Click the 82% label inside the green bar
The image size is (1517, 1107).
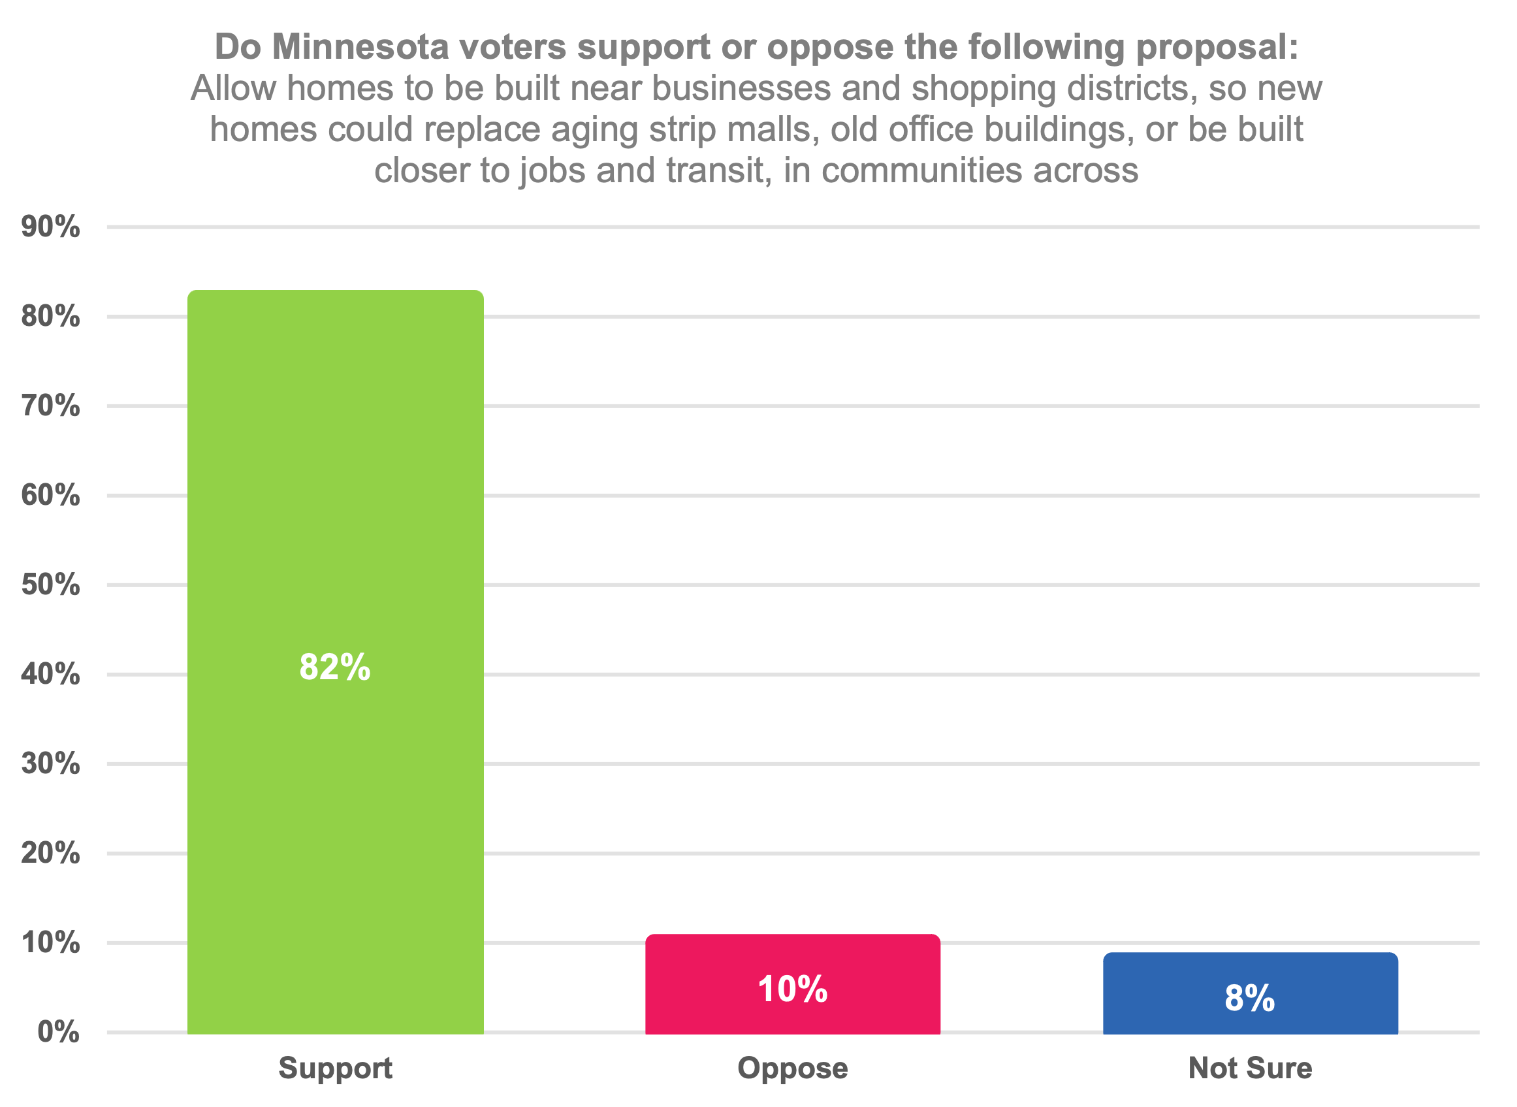[334, 667]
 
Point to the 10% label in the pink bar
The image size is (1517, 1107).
[793, 989]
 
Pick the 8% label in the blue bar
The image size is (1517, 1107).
[1250, 999]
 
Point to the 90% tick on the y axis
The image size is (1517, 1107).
[50, 228]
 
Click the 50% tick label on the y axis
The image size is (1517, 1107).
[50, 586]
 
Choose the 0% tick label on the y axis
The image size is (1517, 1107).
[58, 1033]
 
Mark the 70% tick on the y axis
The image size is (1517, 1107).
[50, 407]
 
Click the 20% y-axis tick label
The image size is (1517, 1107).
[50, 854]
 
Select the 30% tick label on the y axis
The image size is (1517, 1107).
[50, 764]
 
